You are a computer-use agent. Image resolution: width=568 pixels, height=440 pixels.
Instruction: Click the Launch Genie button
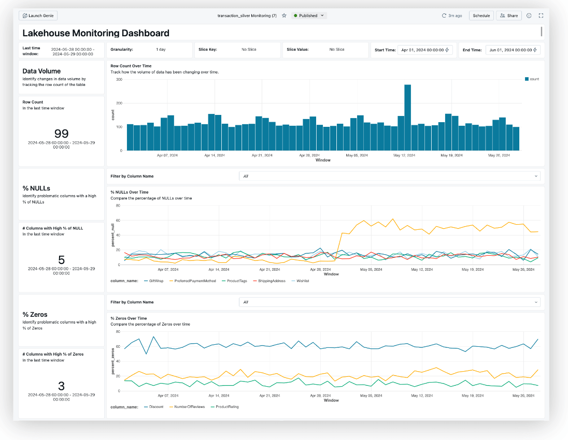pos(38,16)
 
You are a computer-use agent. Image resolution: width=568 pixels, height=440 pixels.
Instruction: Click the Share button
pos(508,16)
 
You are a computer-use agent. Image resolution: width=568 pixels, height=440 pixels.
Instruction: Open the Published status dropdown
pos(309,16)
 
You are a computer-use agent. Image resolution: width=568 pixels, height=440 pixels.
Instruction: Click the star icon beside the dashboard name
pos(284,16)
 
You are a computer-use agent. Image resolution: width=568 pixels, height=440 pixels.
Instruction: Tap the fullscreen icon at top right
pos(541,16)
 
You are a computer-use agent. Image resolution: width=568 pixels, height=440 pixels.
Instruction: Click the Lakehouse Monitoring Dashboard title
pos(96,33)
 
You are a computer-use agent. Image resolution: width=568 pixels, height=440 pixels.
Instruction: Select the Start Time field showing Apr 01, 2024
pos(425,50)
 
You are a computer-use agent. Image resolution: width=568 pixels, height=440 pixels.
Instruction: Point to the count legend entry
pos(532,79)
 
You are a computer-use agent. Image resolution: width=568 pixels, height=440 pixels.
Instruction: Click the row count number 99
pos(61,134)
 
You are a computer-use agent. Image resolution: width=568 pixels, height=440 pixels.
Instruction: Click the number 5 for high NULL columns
pos(61,260)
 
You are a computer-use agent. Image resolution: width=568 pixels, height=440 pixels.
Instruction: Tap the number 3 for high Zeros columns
pos(61,386)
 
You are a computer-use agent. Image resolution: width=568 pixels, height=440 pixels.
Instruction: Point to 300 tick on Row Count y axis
pos(119,79)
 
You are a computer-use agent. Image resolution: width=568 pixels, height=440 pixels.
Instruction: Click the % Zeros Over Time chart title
pos(129,318)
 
